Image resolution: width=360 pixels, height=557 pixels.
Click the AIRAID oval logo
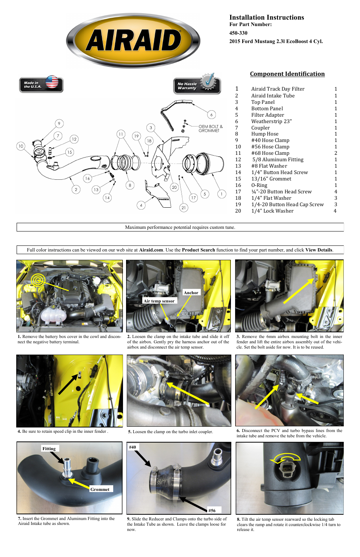click(133, 41)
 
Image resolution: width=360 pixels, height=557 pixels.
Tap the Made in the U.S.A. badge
click(41, 84)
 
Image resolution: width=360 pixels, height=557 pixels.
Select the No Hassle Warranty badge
click(197, 85)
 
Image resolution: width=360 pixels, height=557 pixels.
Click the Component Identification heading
click(287, 74)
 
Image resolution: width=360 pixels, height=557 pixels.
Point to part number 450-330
click(238, 33)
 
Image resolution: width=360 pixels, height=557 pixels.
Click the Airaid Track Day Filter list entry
click(278, 89)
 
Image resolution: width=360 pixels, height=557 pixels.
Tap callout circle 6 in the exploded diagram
click(211, 114)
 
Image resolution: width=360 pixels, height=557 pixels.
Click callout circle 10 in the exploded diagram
click(21, 146)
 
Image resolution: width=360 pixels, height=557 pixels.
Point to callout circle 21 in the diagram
click(183, 207)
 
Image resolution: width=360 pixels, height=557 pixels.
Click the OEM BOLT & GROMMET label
click(210, 128)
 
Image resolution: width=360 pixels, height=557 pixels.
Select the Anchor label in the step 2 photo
click(191, 293)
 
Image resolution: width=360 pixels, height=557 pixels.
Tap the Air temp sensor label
click(159, 301)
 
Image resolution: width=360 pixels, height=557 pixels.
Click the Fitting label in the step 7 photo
click(49, 449)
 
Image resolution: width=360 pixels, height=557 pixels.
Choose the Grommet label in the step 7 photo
click(100, 489)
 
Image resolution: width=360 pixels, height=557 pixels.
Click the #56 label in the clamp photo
click(212, 511)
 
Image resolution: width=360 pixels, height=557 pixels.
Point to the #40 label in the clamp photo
click(132, 447)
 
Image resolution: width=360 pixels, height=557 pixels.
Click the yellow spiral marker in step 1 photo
click(38, 280)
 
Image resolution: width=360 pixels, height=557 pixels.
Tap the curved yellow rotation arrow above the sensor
click(286, 457)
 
